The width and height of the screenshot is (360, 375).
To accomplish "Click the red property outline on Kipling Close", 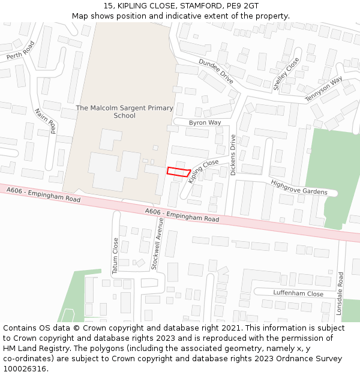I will pos(178,172).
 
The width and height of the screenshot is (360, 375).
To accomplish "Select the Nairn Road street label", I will pos(46,121).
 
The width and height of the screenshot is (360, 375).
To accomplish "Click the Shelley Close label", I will pos(286,74).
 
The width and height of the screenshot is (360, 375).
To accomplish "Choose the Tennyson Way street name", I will pos(323,89).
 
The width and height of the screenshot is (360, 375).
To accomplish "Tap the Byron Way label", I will pos(205,123).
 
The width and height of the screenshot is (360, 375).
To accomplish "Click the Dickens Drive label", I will pos(233,155).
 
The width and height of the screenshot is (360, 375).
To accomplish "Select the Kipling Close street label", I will pos(203,171).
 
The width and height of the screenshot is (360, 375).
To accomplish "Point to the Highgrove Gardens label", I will pos(299,188).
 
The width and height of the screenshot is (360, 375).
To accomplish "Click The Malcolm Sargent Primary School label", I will pos(124,112).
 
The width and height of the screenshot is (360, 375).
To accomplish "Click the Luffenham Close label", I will pos(298,294).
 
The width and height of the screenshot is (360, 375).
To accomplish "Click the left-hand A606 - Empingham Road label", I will pos(44,194).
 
